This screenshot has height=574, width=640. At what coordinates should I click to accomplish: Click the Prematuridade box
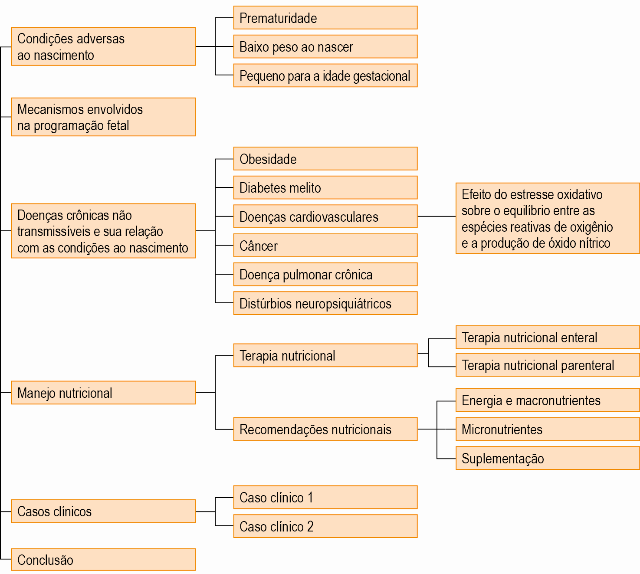point(325,18)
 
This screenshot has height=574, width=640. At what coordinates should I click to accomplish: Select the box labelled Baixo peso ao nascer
point(325,46)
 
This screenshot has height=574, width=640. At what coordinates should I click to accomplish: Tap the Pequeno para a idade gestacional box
point(325,75)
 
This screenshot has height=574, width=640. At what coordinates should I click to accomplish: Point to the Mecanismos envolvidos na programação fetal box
point(104,117)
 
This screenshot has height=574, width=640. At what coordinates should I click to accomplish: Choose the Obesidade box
point(325,159)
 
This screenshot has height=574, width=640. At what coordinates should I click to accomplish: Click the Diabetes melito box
point(325,188)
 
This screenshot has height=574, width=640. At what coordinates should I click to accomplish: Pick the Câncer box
point(325,246)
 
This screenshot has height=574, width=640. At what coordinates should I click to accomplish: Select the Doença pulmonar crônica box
point(325,274)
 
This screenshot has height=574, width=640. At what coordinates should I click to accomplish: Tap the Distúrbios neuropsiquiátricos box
point(325,303)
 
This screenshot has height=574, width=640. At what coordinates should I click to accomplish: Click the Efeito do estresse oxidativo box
point(548,218)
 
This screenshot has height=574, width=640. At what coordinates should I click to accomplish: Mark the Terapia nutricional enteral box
point(548,337)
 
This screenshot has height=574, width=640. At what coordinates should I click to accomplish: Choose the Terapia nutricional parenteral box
point(548,365)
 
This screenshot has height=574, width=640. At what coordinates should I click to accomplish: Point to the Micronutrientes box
point(548,429)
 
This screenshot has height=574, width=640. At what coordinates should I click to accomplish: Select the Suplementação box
point(548,458)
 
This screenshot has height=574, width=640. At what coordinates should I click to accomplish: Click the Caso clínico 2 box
point(325,526)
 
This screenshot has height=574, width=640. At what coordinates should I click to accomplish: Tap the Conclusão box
point(104,560)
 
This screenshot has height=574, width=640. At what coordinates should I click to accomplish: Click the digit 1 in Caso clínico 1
point(310,498)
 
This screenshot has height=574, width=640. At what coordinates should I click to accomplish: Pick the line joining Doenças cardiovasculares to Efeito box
point(437,216)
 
